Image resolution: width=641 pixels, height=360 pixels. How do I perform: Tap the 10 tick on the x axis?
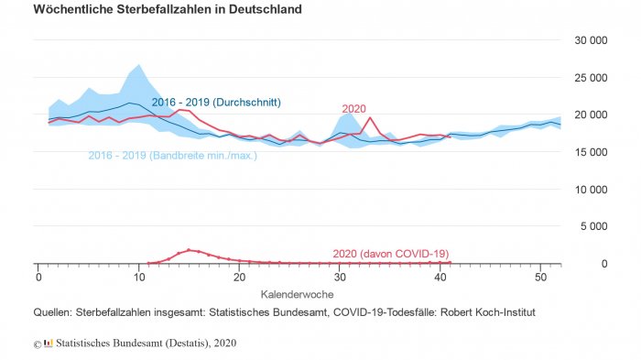138,278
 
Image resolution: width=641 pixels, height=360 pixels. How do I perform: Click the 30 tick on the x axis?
339,278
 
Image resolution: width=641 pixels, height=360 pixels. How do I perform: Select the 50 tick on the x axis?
540,278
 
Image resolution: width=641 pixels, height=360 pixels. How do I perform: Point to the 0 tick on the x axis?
38,278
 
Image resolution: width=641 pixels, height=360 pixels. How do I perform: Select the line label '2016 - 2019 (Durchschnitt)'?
216,102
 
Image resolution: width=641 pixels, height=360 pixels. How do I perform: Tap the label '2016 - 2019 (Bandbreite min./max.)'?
172,156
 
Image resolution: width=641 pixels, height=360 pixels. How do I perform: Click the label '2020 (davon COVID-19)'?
391,254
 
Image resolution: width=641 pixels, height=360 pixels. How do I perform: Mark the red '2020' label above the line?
353,108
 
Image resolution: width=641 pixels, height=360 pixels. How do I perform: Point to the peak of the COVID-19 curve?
189,249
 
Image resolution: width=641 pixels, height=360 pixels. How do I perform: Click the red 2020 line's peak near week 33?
369,117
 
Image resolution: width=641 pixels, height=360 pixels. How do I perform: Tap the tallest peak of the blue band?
138,65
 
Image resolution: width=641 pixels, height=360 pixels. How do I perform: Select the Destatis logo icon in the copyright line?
49,344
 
